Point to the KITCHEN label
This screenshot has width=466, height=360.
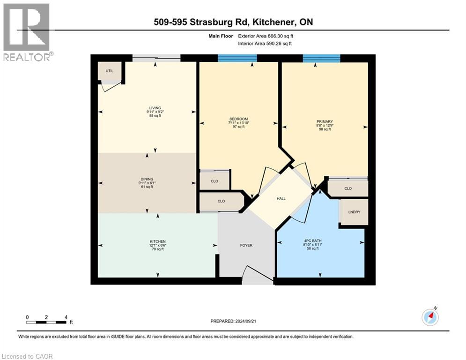[x=157, y=242]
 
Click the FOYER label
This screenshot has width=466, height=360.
[x=246, y=245]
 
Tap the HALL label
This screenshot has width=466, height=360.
[x=281, y=198]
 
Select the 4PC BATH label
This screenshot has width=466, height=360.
[x=311, y=242]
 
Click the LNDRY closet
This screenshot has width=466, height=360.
[x=354, y=212]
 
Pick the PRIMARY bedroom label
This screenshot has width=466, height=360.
[x=325, y=121]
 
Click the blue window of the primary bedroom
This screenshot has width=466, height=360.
[x=321, y=58]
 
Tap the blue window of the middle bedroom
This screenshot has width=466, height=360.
[x=237, y=58]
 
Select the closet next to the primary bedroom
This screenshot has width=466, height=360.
[x=348, y=188]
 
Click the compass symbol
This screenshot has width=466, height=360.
[x=430, y=317]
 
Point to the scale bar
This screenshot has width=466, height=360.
[x=46, y=322]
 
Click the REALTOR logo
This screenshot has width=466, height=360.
[x=27, y=32]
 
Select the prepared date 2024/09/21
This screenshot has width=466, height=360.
[x=234, y=321]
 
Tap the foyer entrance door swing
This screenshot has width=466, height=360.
[x=256, y=275]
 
